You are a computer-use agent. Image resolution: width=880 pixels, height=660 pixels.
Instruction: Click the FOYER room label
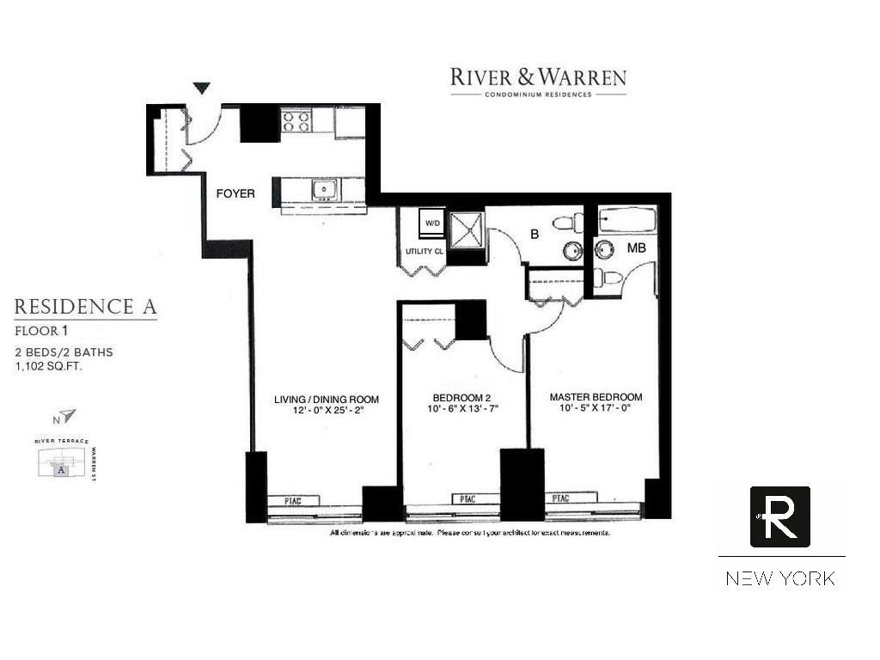[x=235, y=194]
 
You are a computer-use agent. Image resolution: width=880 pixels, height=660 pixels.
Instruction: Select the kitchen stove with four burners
[x=296, y=122]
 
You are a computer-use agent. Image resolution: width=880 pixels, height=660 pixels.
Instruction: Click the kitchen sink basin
[x=324, y=189]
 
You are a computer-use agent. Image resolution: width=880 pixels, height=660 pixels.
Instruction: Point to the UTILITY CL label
[x=424, y=252]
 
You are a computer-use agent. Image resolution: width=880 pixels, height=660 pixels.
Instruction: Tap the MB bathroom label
[x=636, y=248]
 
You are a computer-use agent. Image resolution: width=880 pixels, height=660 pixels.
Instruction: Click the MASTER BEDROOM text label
[x=596, y=397]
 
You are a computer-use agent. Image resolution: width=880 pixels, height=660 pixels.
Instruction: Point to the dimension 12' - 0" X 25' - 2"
[x=327, y=411]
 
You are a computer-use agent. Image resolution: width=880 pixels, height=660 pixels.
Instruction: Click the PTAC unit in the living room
[x=294, y=500]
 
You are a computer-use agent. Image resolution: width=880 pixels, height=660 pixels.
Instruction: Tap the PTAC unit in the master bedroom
[x=560, y=498]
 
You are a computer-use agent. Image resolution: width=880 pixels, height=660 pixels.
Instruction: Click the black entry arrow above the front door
[x=201, y=88]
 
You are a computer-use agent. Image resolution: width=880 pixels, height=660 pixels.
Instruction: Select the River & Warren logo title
[x=538, y=78]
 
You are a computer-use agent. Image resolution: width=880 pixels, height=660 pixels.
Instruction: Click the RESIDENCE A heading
[x=86, y=307]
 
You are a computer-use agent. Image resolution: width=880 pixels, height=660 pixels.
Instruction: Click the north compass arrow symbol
[x=67, y=417]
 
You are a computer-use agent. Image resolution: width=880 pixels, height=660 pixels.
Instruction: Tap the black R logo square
[x=779, y=516]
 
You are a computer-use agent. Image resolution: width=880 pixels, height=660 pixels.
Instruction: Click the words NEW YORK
[x=780, y=578]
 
